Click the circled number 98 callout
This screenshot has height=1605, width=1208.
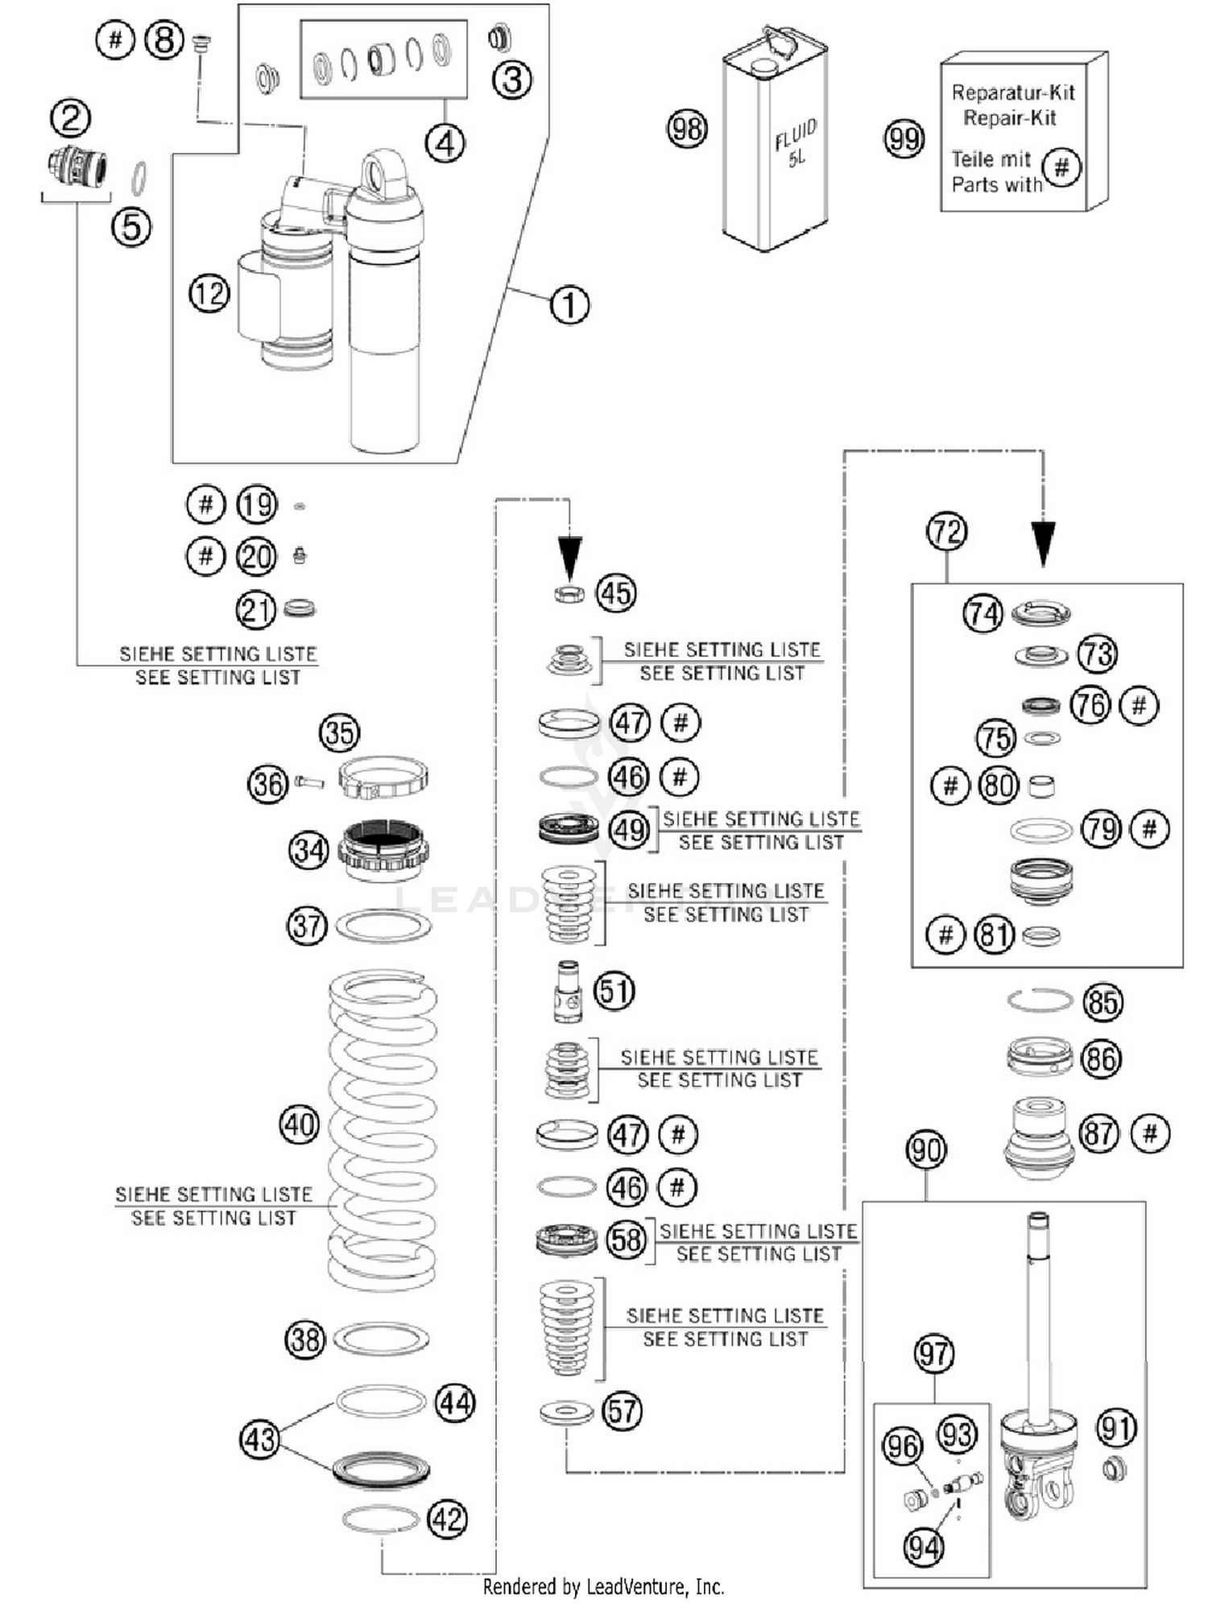687,129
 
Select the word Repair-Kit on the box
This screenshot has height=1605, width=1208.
1009,118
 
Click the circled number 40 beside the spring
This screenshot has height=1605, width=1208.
300,1124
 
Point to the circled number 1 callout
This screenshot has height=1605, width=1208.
569,306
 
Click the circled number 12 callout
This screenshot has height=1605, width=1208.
209,294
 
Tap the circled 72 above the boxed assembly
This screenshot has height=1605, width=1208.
946,532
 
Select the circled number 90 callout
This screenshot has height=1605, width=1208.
926,1150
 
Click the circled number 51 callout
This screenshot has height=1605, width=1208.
614,991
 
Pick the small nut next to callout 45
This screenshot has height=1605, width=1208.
569,595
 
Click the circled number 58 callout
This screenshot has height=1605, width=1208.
627,1240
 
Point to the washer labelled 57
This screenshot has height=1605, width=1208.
566,1412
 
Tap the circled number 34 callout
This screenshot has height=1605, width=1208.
308,850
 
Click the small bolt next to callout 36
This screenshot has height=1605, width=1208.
309,781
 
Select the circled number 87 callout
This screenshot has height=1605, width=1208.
1099,1134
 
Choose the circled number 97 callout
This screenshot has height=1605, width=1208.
934,1354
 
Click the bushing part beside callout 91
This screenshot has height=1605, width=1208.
1114,1468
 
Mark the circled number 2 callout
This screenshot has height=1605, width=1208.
71,118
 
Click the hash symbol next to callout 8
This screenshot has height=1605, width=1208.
115,39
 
